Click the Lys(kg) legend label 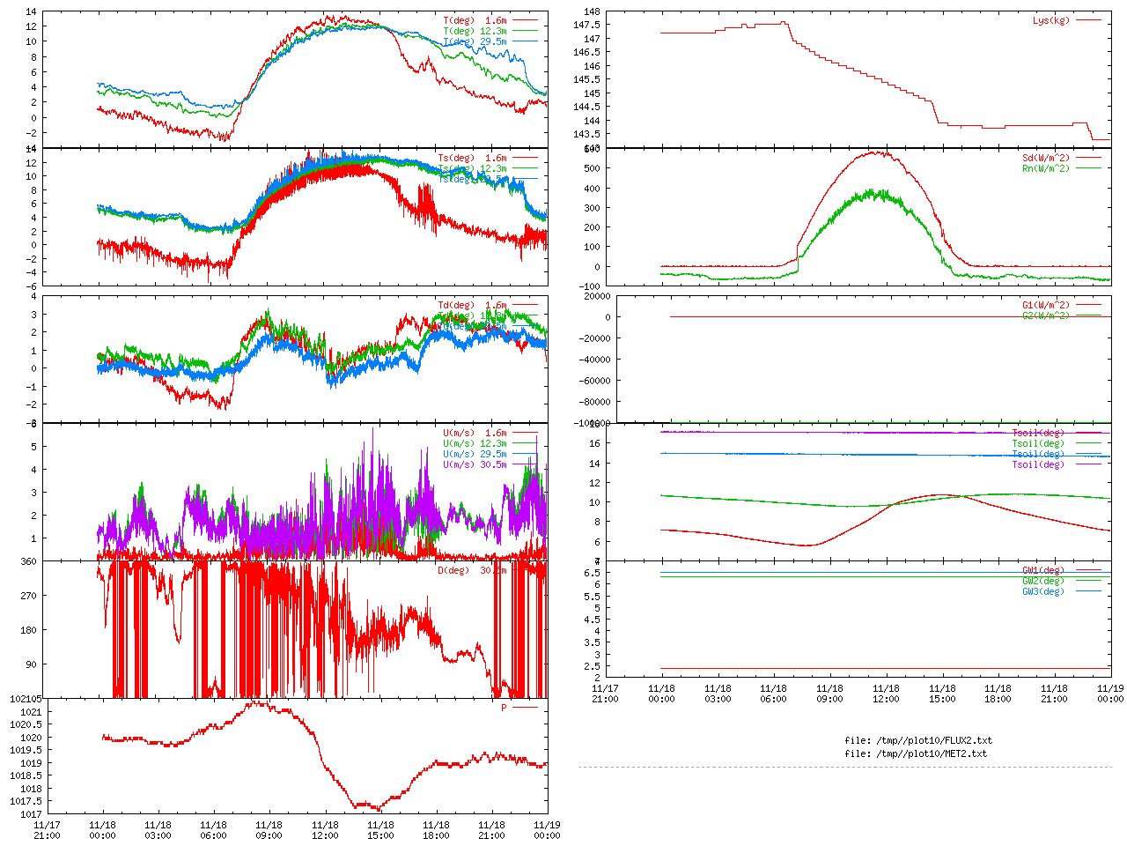1050,20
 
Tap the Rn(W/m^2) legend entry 1045,168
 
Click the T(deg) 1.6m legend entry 475,20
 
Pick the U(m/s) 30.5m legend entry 475,464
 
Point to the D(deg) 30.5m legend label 472,570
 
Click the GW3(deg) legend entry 1042,591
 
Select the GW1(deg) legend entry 1042,570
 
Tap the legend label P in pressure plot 504,708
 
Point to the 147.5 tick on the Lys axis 586,25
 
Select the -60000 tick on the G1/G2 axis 592,381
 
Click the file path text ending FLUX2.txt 917,740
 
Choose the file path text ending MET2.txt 916,753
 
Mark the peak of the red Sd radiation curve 877,152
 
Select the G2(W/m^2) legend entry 1045,315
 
